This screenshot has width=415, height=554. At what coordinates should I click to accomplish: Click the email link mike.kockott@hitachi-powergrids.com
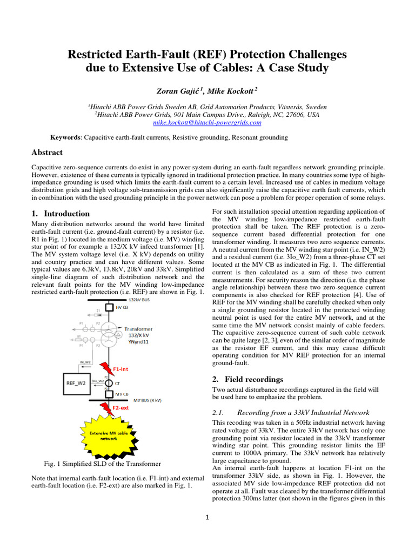click(207, 123)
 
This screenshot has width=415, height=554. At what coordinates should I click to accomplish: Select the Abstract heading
click(47, 153)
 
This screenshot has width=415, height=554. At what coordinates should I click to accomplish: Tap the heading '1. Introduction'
click(61, 213)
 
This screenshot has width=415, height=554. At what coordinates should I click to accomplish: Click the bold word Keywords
click(65, 138)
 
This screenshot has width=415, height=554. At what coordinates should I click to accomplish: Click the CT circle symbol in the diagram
click(109, 383)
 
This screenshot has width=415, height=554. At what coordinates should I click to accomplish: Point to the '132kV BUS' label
click(139, 299)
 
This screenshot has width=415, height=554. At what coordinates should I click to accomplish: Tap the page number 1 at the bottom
click(207, 517)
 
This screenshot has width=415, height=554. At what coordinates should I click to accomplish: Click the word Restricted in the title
click(99, 55)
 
